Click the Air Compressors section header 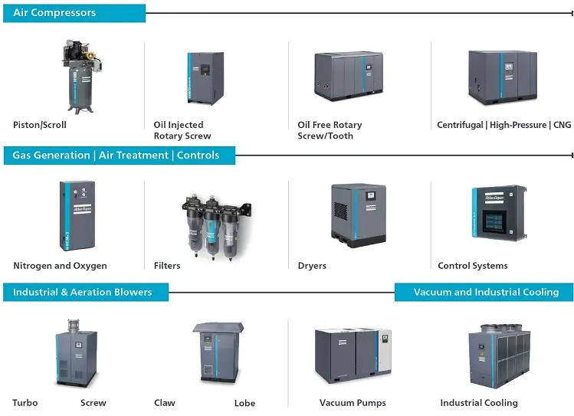point(54,13)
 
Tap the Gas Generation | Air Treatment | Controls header point(116,155)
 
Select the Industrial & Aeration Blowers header point(82,292)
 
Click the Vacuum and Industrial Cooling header point(486,292)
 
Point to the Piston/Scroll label point(40,125)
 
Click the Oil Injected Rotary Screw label point(182,130)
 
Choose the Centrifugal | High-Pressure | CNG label point(503,125)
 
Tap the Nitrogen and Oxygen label point(60,266)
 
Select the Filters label point(167,266)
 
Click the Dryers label point(312,266)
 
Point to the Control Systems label point(472,266)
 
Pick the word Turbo point(25,403)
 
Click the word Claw point(165,403)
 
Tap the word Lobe point(244,403)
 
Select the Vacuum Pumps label point(353,403)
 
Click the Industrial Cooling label point(479,403)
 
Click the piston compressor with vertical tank point(80,77)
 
